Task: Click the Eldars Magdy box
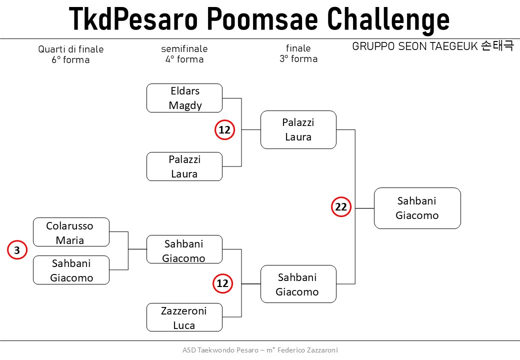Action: click(x=184, y=98)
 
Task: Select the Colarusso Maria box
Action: click(x=71, y=232)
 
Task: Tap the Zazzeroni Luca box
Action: click(x=184, y=317)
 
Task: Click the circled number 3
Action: click(x=17, y=250)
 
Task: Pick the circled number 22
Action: click(x=341, y=207)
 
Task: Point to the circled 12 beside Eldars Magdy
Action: click(x=225, y=129)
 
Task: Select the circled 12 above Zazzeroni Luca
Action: click(x=222, y=283)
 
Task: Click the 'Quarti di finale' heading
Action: click(x=71, y=49)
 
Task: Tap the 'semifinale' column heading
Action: click(x=184, y=48)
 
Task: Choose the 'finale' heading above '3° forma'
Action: click(x=298, y=48)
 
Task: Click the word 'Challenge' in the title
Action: click(x=388, y=19)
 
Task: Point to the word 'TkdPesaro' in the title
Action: click(x=133, y=18)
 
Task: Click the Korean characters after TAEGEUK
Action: click(x=497, y=45)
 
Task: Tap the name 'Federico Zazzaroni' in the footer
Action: click(x=308, y=350)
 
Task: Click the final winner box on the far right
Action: click(x=417, y=208)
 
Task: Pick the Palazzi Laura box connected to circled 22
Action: click(x=298, y=129)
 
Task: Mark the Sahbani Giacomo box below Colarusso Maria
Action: click(x=71, y=270)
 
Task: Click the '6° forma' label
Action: click(x=70, y=59)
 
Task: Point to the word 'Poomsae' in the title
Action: click(x=262, y=19)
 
